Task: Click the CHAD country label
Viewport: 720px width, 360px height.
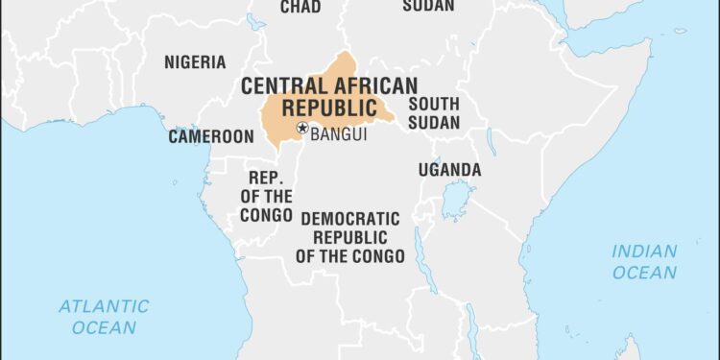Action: (x=300, y=7)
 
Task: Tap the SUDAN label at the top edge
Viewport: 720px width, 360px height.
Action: (x=427, y=6)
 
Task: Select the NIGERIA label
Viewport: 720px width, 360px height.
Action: (x=195, y=62)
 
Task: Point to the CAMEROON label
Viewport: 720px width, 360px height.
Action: (x=210, y=136)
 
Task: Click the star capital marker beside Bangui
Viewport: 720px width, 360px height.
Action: (x=302, y=128)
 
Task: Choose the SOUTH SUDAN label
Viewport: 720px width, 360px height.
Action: (x=434, y=113)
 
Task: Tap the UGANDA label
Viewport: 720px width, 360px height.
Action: (x=449, y=170)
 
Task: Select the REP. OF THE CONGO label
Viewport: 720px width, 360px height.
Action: (x=265, y=197)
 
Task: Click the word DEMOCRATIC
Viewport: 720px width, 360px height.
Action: (x=349, y=218)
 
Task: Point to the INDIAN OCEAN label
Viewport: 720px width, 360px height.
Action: (x=644, y=261)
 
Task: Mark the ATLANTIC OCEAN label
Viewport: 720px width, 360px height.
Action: (x=104, y=317)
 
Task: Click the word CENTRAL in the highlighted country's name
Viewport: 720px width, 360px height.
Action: (x=282, y=84)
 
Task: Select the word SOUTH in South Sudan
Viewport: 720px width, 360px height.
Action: (x=434, y=104)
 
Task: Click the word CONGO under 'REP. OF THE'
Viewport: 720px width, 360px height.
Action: (x=265, y=215)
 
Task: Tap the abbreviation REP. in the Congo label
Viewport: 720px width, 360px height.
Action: (x=265, y=179)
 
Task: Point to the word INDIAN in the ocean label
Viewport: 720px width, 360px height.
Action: (x=644, y=251)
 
